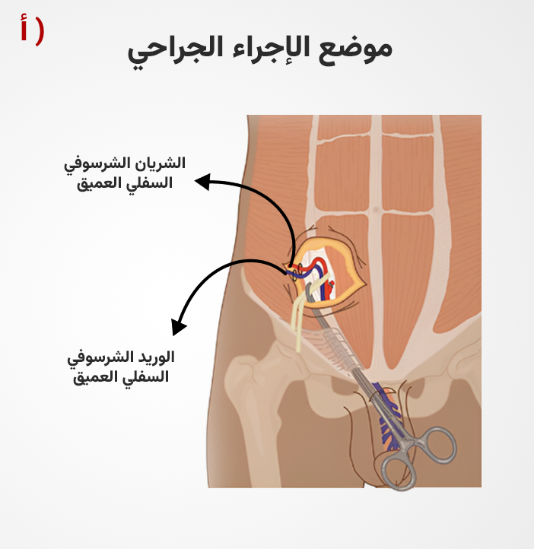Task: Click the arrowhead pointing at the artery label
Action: click(203, 182)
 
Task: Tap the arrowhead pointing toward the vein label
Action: click(178, 327)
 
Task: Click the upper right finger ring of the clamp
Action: click(439, 445)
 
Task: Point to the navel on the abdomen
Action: click(376, 210)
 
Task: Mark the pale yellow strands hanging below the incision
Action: click(297, 322)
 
